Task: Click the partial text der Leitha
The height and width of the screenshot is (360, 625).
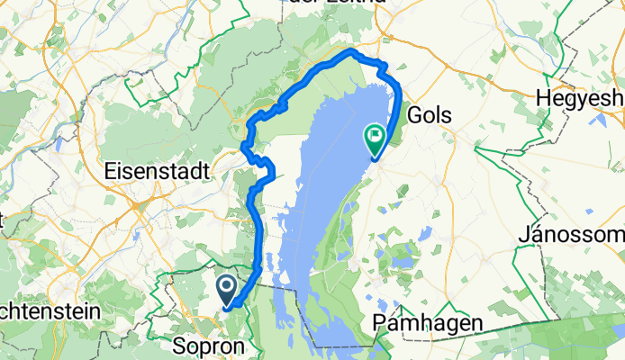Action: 335,3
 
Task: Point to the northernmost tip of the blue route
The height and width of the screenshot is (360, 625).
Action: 350,53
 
